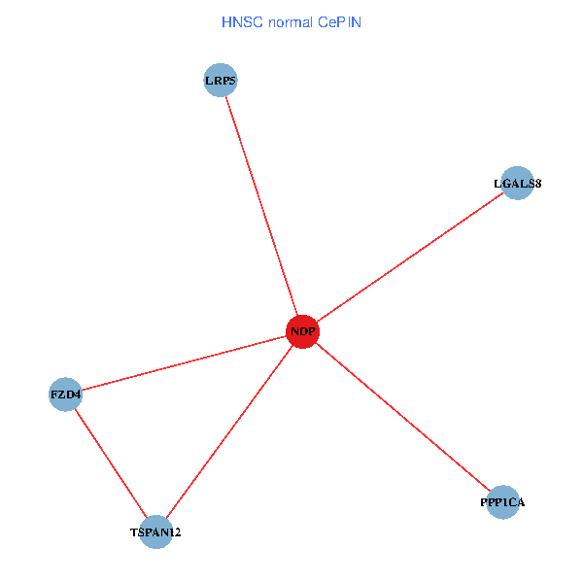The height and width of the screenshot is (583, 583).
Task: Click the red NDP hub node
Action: point(302,332)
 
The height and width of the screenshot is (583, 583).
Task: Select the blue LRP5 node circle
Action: point(221,80)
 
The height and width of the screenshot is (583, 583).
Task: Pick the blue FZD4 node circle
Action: point(65,394)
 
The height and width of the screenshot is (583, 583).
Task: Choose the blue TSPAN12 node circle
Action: point(155,532)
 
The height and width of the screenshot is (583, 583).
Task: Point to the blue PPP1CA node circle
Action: point(502,501)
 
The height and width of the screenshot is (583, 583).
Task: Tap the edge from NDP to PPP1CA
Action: point(402,417)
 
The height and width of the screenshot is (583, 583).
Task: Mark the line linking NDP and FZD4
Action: point(184,363)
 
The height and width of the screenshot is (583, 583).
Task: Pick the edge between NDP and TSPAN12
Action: point(229,431)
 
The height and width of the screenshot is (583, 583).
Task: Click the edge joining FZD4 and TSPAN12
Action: point(110,463)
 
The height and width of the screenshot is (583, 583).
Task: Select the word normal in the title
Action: point(290,21)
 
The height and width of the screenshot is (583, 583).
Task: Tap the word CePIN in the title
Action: point(339,21)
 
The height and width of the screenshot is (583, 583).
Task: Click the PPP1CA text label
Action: point(502,501)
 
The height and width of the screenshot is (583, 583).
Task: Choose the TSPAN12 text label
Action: point(155,532)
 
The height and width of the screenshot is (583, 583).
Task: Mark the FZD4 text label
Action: point(65,394)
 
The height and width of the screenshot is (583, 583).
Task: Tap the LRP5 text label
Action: point(221,80)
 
